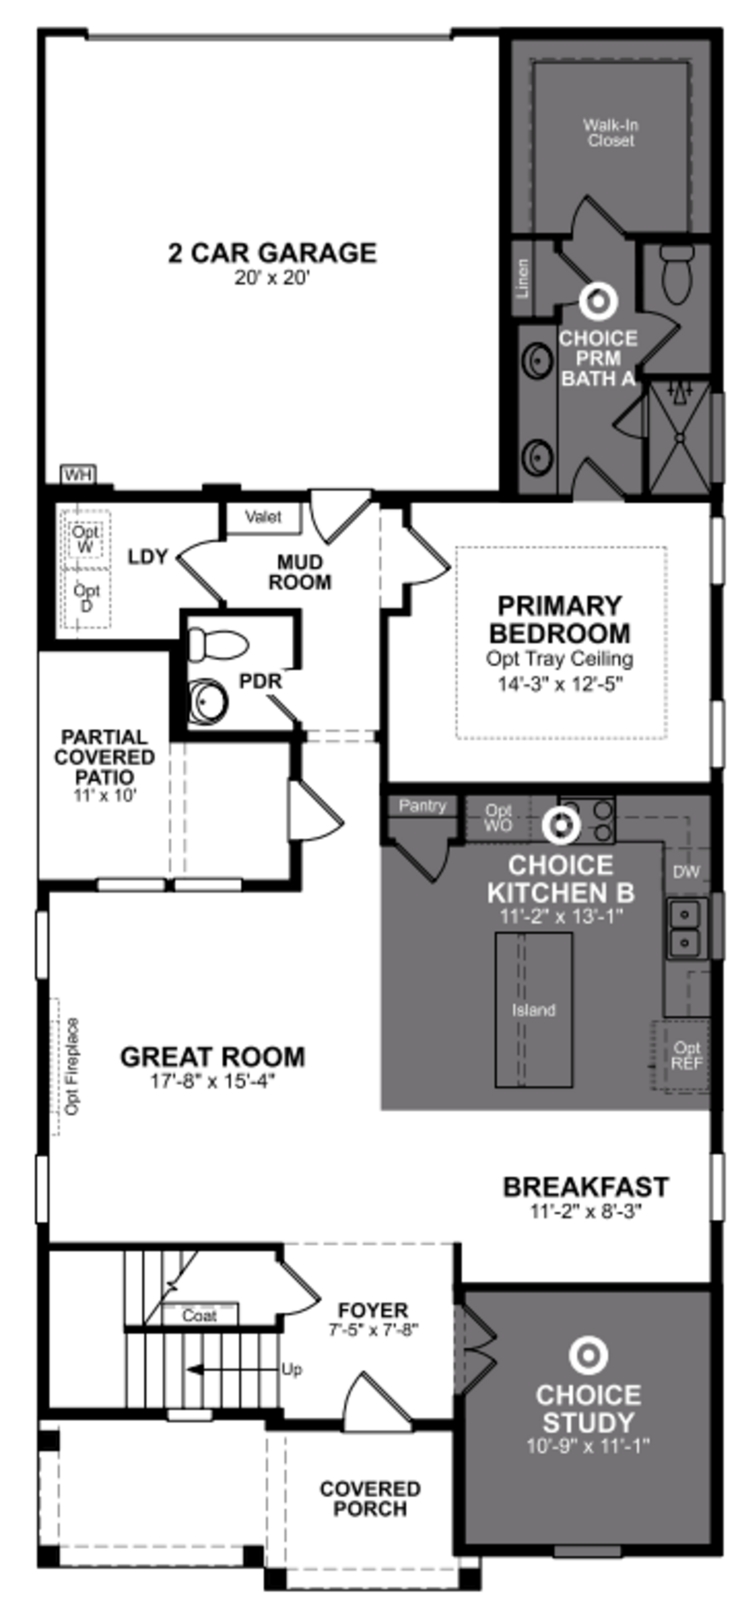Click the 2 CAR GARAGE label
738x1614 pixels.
click(x=272, y=253)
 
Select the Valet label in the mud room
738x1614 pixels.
click(x=263, y=517)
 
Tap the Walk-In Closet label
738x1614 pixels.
click(x=610, y=133)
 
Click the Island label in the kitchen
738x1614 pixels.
click(x=533, y=1010)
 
